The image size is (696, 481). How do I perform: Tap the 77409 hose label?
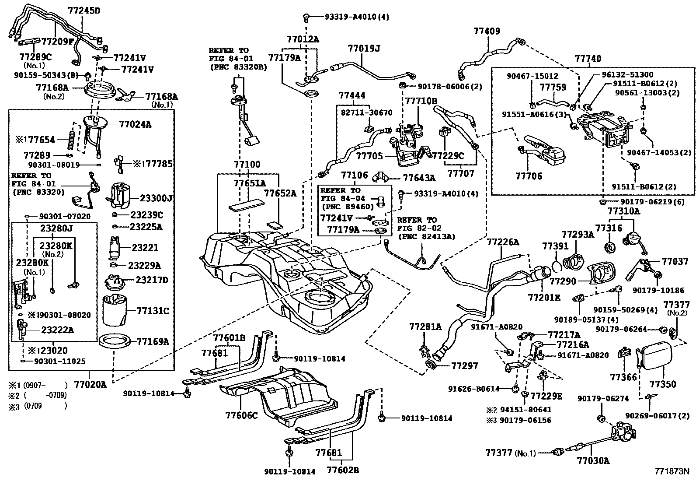tap(487, 31)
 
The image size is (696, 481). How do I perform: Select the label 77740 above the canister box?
tap(588, 59)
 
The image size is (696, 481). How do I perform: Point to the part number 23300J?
tap(156, 199)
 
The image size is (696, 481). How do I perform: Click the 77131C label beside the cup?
tap(153, 311)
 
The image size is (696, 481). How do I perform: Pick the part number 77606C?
tap(242, 414)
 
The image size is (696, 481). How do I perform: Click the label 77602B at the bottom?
tap(343, 470)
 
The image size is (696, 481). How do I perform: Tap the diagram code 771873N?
tap(672, 471)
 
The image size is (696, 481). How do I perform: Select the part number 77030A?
tap(593, 460)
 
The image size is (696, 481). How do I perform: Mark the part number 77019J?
tap(364, 48)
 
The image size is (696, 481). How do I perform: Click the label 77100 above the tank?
tap(247, 165)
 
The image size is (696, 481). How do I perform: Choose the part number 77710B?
tap(421, 101)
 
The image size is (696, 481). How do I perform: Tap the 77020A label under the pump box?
tap(90, 385)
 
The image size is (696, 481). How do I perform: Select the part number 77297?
tap(465, 365)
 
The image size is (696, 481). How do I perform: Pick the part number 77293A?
tap(578, 235)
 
